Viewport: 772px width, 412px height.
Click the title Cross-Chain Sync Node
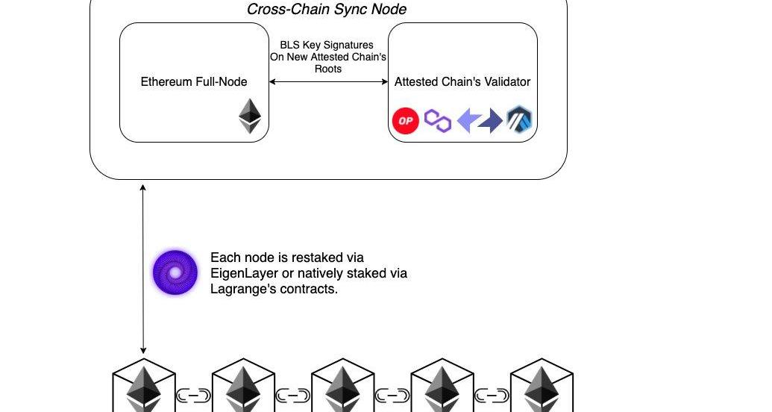(x=327, y=9)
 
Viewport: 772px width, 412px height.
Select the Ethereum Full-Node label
(x=194, y=81)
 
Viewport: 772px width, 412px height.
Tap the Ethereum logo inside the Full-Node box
(x=251, y=117)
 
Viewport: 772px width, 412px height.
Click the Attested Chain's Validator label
(x=462, y=81)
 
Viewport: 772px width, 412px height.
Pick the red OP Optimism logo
(x=405, y=120)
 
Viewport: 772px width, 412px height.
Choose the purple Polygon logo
(x=438, y=120)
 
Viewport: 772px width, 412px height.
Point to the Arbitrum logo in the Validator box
(x=519, y=119)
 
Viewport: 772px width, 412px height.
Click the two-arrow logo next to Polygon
(x=479, y=120)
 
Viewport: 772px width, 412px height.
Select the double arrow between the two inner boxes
(x=328, y=81)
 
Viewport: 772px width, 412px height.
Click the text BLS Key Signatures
(x=327, y=45)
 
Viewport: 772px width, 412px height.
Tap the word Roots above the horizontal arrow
(x=328, y=69)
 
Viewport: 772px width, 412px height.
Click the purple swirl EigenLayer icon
(x=175, y=272)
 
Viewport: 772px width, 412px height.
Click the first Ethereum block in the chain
(x=143, y=387)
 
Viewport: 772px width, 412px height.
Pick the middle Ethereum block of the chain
(x=342, y=387)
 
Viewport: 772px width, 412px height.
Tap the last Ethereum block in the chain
(x=542, y=387)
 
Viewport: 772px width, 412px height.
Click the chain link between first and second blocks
(x=194, y=396)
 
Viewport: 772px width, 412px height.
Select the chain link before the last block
(x=492, y=396)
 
